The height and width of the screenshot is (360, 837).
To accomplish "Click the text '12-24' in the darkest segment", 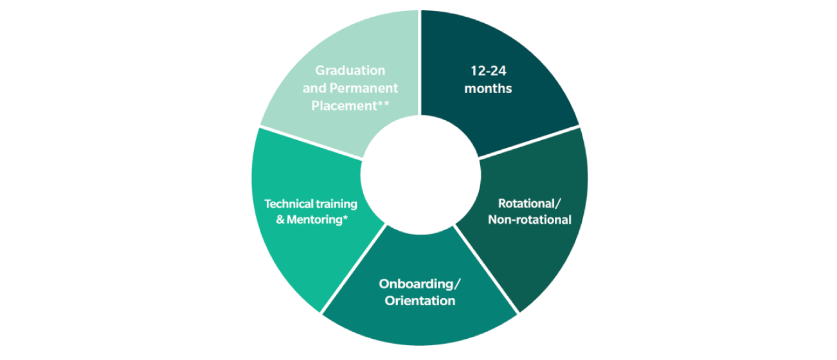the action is tap(488, 71).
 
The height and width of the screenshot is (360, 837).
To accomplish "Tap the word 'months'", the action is tap(488, 89).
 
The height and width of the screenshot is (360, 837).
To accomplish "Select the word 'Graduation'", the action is tap(350, 70).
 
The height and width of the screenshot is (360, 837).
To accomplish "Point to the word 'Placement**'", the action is tap(350, 106).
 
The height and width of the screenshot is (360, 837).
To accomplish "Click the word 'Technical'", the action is tap(289, 204).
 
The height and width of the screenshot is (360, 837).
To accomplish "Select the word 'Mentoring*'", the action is tap(317, 220).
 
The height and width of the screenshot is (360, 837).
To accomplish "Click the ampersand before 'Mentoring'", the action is tap(280, 220).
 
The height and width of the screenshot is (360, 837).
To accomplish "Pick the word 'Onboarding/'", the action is tap(420, 284).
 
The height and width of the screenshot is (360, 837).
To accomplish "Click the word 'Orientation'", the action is tap(420, 301).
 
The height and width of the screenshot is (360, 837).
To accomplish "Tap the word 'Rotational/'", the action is tap(530, 203).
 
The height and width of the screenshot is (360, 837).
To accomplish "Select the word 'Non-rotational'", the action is tap(530, 219).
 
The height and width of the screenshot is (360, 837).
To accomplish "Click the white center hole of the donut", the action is tap(420, 175).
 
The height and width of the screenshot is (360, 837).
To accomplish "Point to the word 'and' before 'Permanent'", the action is tap(314, 88).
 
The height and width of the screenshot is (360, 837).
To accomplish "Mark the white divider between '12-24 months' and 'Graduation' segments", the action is tap(420, 62).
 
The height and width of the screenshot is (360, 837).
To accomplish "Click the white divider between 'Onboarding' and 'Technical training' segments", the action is tap(353, 269).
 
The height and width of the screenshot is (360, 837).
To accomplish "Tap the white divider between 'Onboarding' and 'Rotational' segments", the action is tap(487, 269).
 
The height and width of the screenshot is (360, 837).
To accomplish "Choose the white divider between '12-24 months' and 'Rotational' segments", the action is tap(529, 141).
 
